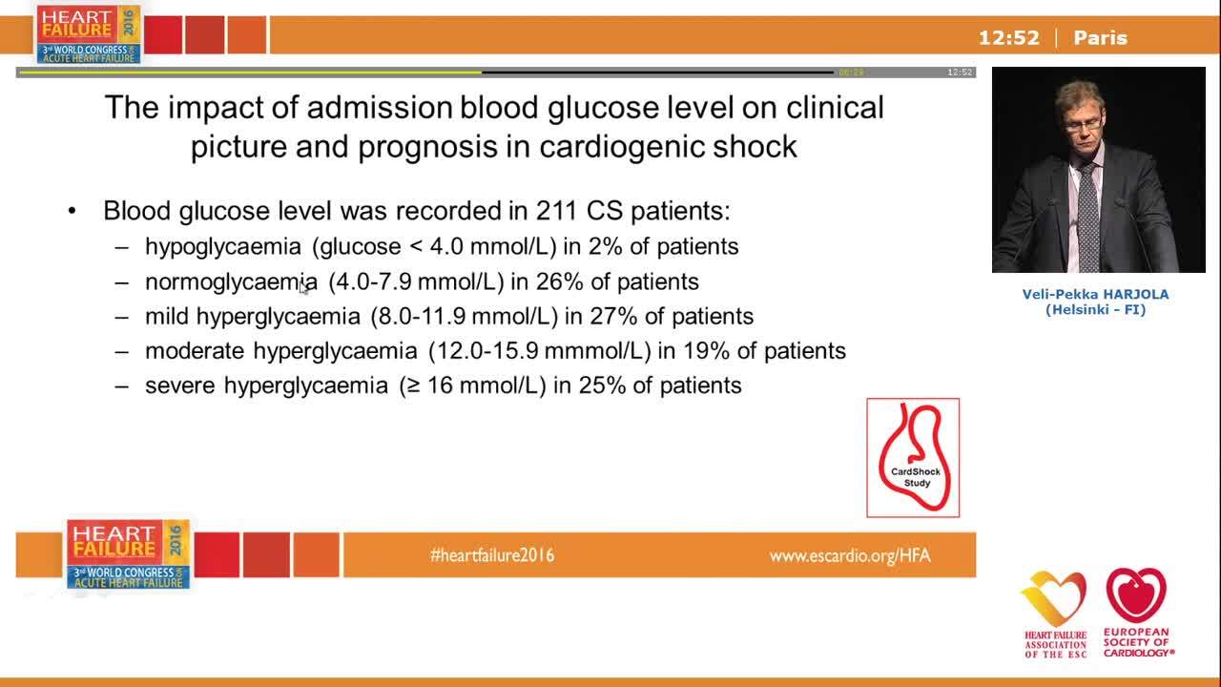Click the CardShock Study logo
tap(913, 458)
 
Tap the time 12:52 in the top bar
tap(1008, 38)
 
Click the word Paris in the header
tap(1100, 38)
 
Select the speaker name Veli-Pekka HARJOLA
tap(1095, 294)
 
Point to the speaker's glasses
tap(1083, 123)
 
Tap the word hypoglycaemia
tap(223, 246)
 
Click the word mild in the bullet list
tap(168, 316)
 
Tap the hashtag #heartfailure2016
tap(492, 555)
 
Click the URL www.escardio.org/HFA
tap(850, 555)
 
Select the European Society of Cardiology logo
tap(1137, 612)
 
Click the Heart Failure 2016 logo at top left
tap(88, 34)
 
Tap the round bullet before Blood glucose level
tap(72, 211)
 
